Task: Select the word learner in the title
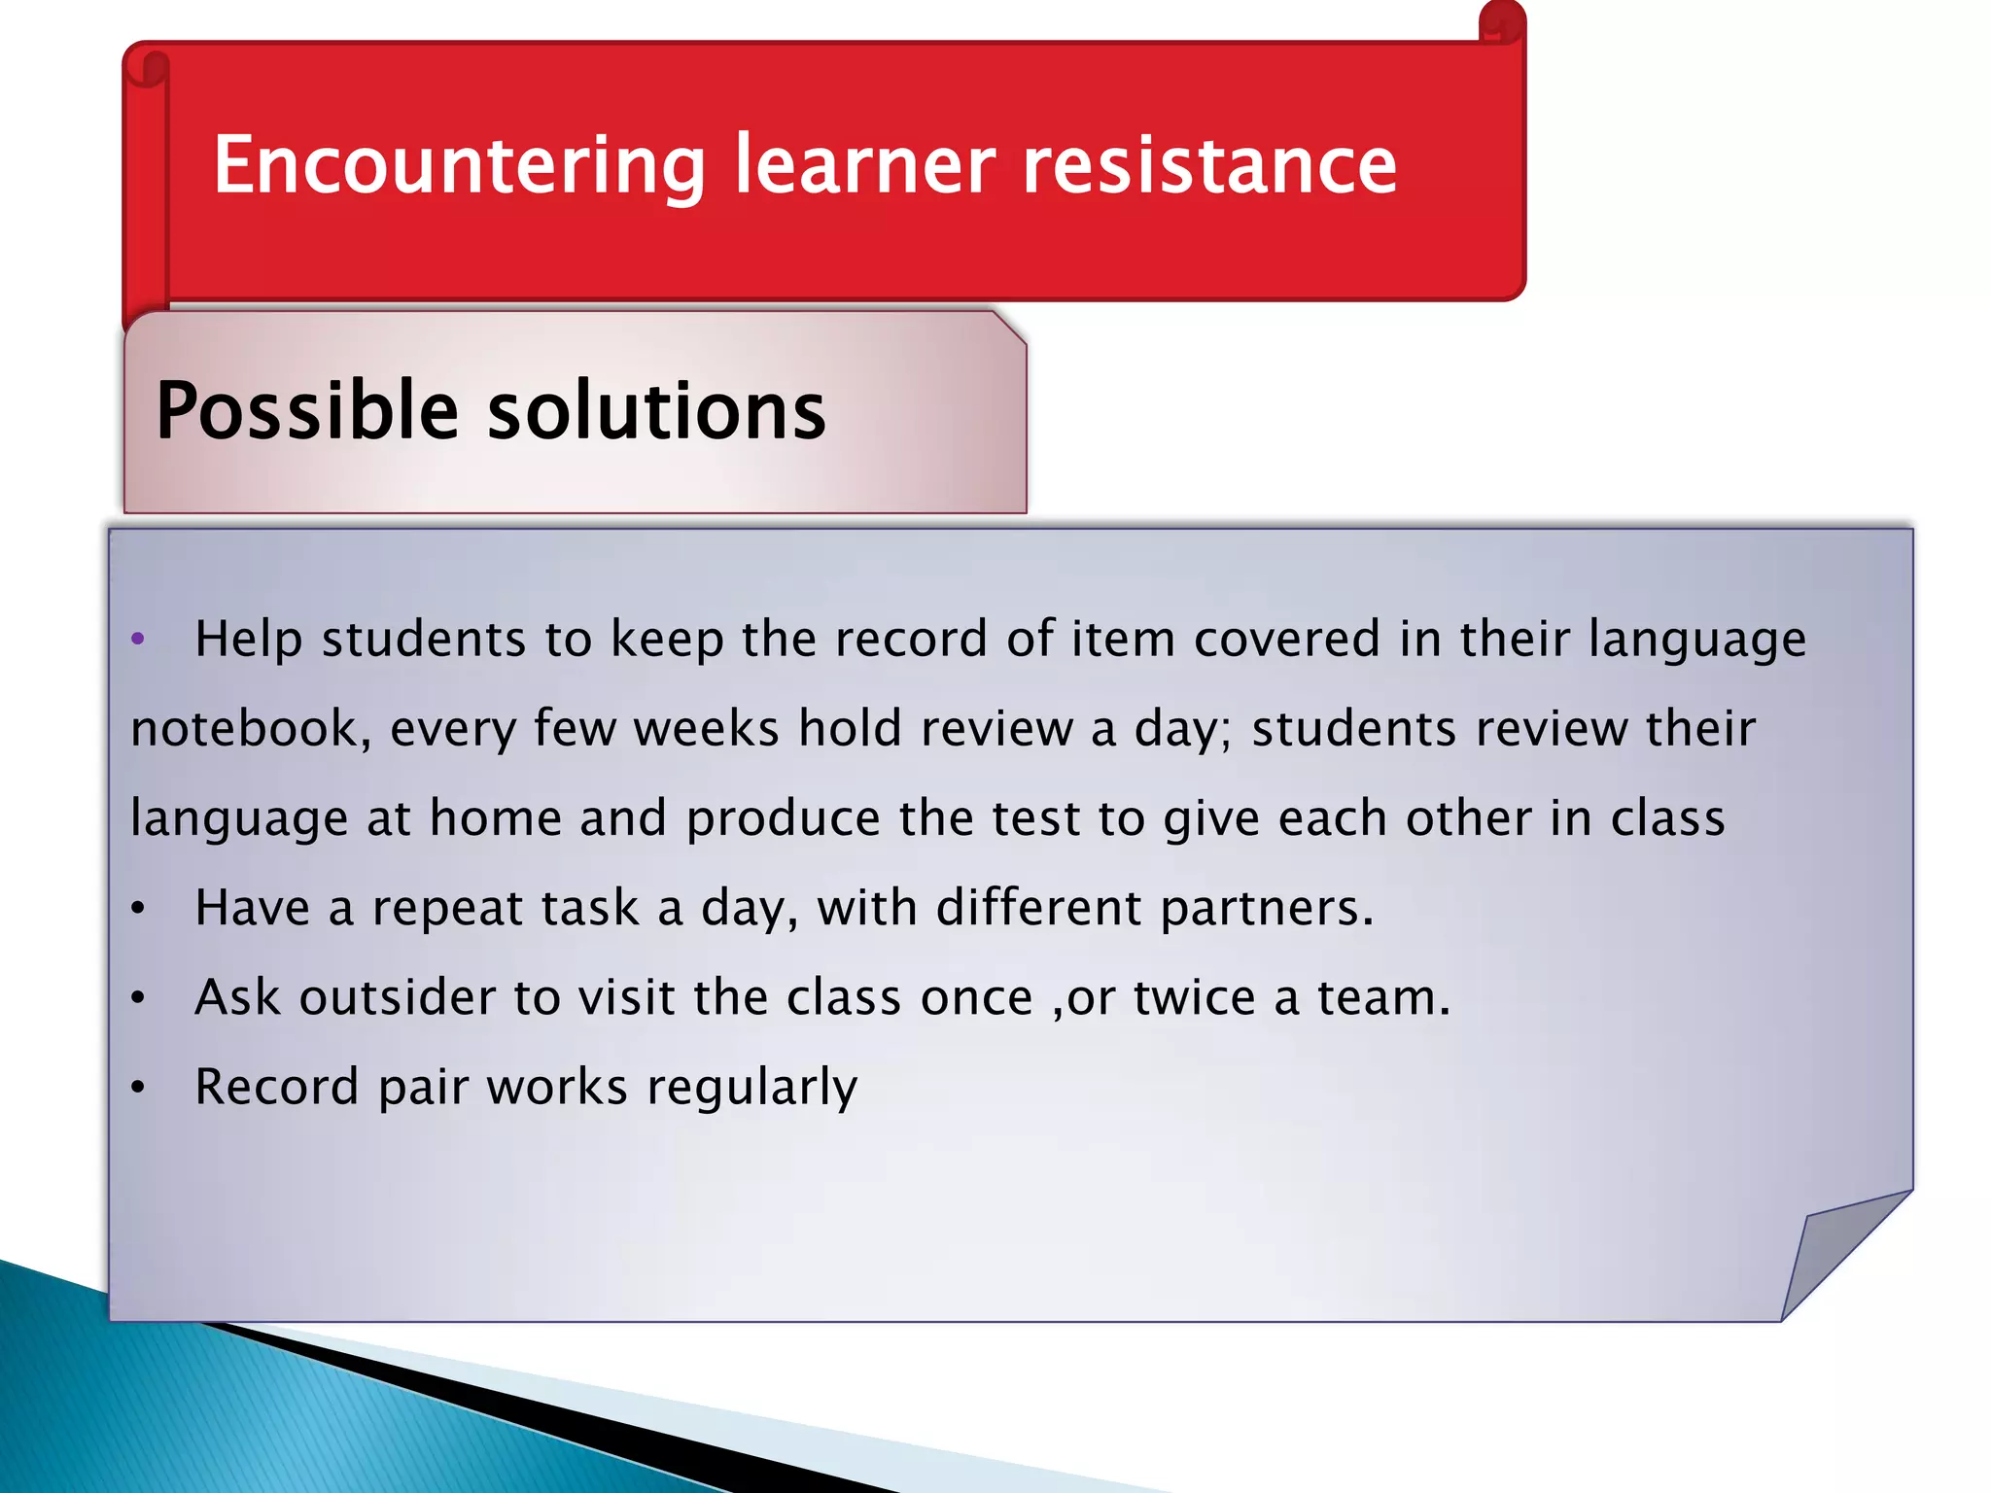pos(864,165)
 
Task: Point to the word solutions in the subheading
pos(656,410)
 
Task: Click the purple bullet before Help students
pos(138,639)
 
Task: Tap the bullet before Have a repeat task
pos(138,909)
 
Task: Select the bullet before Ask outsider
pos(138,998)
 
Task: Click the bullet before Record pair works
pos(138,1088)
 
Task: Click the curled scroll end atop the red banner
pos(1502,21)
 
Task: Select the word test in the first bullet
pos(1035,818)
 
